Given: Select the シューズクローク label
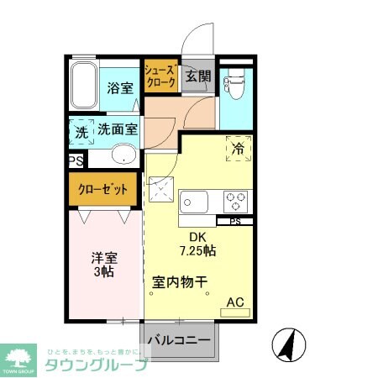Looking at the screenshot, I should (160, 76).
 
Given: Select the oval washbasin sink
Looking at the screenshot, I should (124, 155).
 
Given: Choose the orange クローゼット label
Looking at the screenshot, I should (103, 190).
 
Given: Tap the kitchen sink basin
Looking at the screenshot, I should (194, 202).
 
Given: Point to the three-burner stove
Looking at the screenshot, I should (235, 202).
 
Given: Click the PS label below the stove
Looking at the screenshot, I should (235, 222).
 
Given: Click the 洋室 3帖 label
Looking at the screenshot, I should (104, 266).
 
